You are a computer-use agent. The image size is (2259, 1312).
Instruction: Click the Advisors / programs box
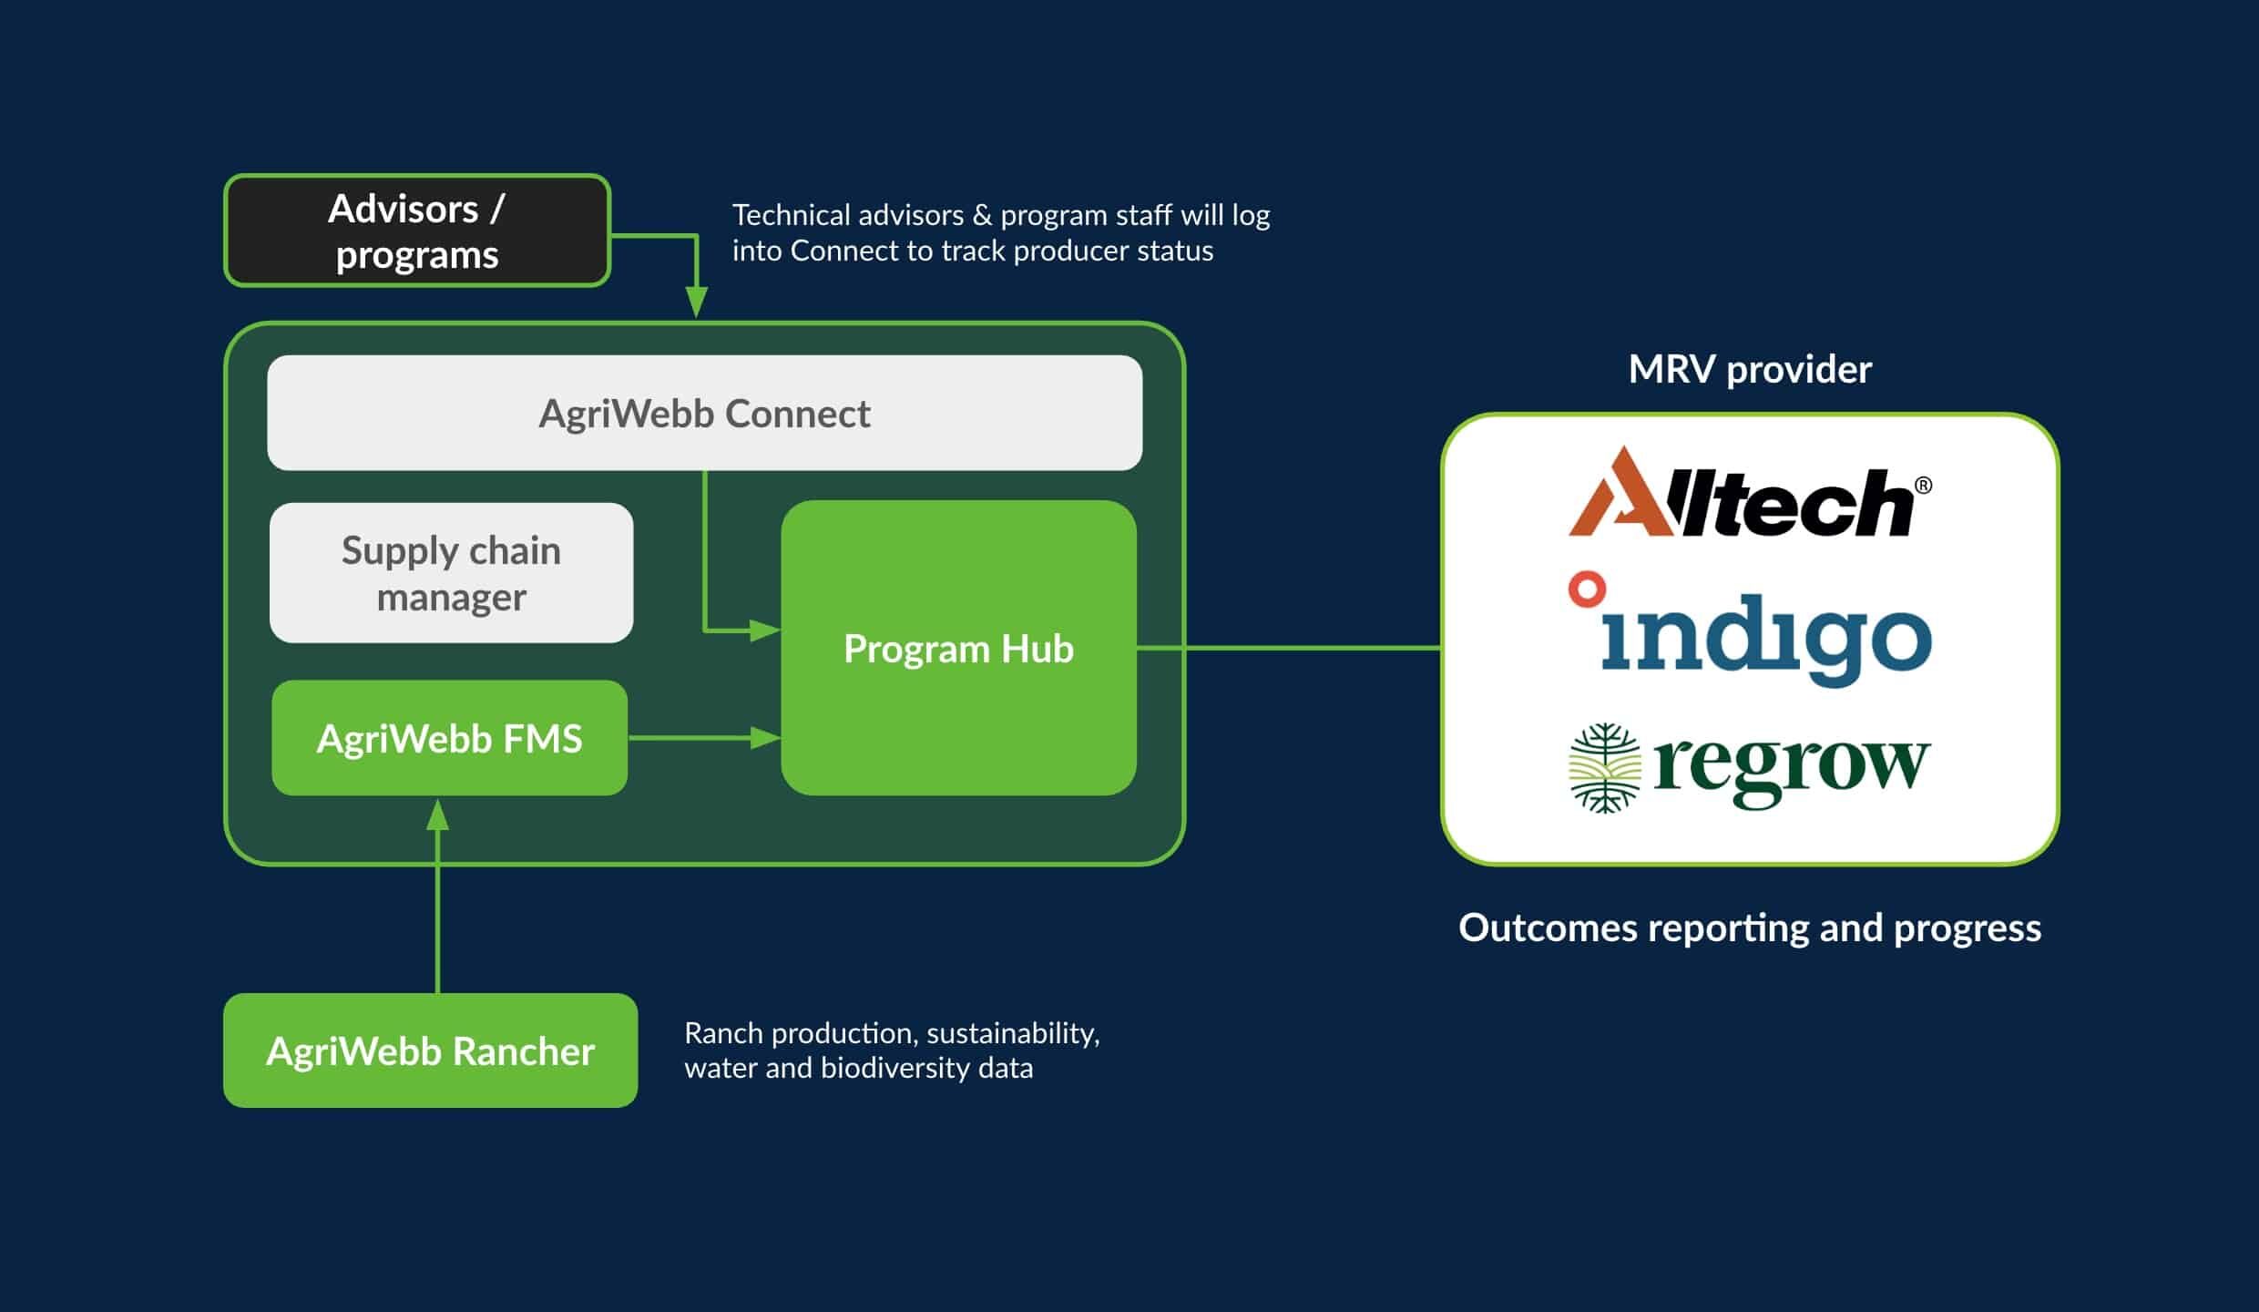tap(417, 231)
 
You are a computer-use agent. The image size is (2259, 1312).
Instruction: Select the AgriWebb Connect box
tap(704, 413)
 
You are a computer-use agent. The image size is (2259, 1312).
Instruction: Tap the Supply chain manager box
tap(451, 573)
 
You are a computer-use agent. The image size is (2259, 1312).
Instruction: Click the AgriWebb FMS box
tap(449, 738)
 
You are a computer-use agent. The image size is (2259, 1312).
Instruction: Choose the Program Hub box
tap(958, 648)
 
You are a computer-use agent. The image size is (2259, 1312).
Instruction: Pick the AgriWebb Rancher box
tap(430, 1051)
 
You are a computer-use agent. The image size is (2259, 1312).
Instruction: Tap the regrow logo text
tap(1791, 767)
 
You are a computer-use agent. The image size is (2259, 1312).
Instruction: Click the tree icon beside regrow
tap(1604, 767)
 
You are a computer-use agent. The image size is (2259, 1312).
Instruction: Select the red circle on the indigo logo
tap(1587, 589)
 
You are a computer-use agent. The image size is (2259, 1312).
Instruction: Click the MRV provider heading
tap(1749, 369)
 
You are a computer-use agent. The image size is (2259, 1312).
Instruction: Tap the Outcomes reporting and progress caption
tap(1749, 928)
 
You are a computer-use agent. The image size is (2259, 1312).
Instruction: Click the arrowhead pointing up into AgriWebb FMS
tap(438, 814)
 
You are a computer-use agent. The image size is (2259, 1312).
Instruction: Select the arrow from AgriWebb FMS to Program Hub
tap(703, 738)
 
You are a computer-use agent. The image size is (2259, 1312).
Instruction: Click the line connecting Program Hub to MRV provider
tap(1289, 648)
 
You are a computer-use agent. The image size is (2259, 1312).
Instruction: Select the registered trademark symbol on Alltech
tap(1923, 486)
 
